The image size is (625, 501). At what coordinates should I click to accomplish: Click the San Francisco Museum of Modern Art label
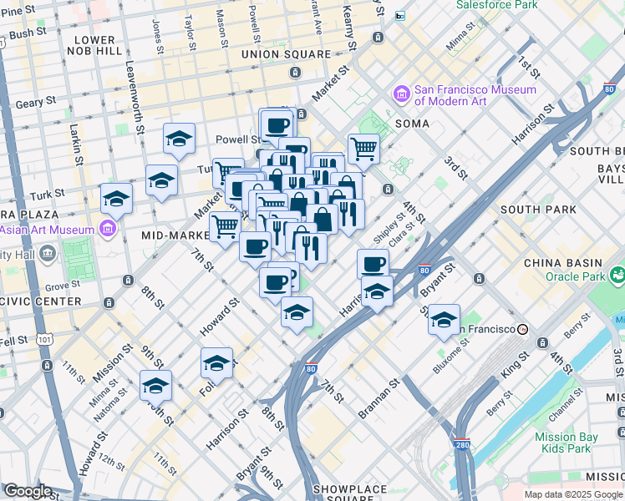pos(475,95)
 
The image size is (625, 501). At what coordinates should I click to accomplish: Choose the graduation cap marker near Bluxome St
pos(444,319)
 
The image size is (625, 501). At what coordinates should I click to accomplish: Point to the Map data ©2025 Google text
pos(574,494)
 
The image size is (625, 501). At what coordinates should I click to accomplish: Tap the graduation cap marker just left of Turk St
pos(161,180)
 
